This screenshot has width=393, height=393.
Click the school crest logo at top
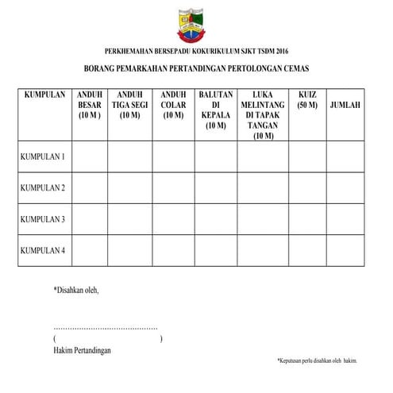coord(196,23)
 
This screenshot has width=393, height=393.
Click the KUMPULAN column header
coord(44,94)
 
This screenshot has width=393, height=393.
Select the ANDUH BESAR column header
coord(90,105)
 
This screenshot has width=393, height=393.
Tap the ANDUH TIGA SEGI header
coord(129,105)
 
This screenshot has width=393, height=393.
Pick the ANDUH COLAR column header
coord(173,105)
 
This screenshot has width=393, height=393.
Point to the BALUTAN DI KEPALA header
coord(216,110)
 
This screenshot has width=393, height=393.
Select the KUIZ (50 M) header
coord(306,99)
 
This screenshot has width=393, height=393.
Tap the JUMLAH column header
coord(345,105)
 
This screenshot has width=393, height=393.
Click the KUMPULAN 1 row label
coord(42,156)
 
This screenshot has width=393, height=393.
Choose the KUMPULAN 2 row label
coord(42,187)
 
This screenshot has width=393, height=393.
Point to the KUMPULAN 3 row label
coord(42,218)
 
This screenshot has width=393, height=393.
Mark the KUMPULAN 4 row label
coord(42,250)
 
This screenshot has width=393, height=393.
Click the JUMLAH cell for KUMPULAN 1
coord(345,156)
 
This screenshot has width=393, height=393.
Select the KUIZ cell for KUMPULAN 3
coord(306,218)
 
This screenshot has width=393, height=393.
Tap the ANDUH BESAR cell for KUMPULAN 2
coord(90,187)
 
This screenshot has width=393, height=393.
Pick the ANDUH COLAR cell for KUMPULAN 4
coord(173,250)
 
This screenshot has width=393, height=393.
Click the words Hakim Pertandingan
coord(83,350)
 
